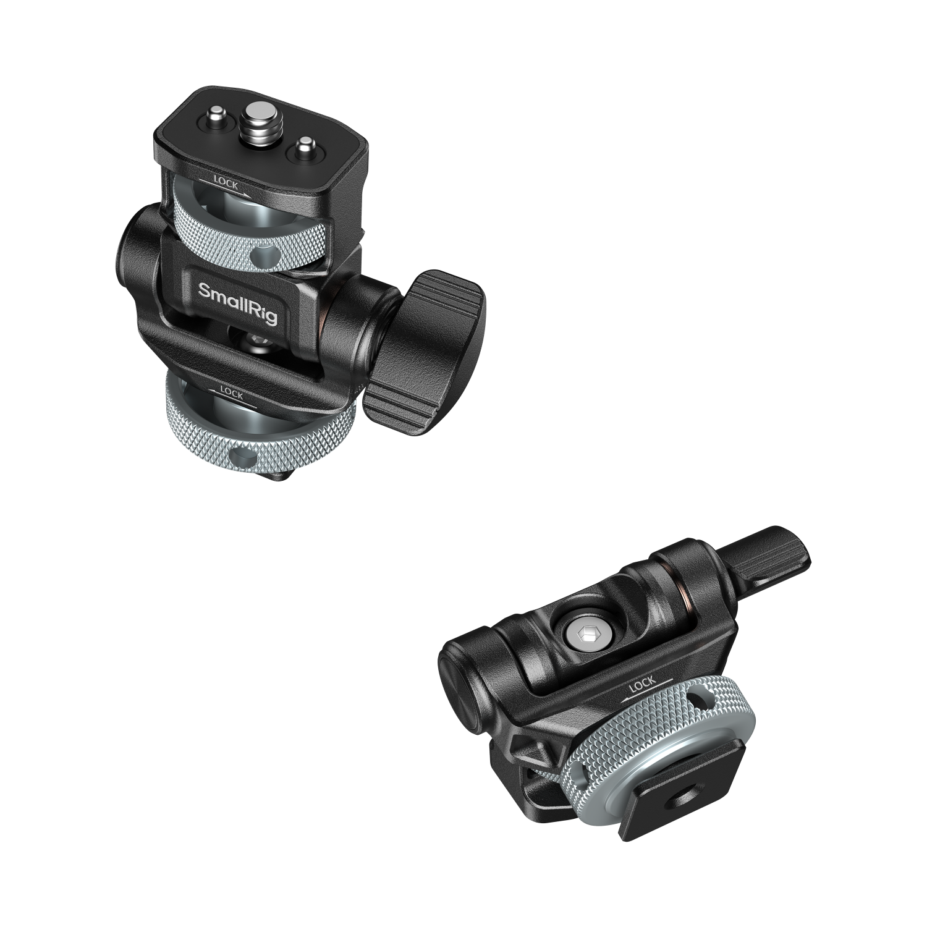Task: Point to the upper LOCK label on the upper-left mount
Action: pos(226,184)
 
